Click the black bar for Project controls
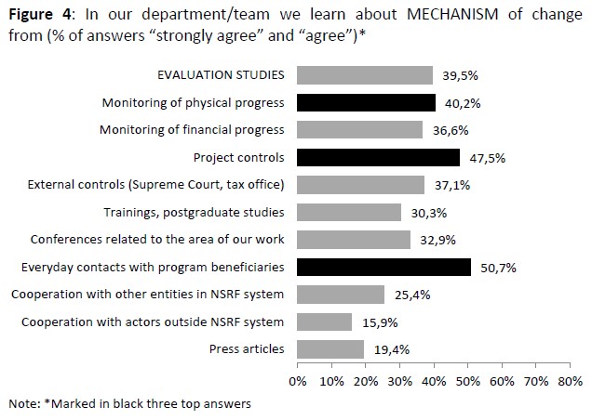pyautogui.click(x=378, y=157)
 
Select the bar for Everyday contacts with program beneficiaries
pyautogui.click(x=383, y=268)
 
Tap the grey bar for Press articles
pyautogui.click(x=330, y=349)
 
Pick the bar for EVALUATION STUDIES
pyautogui.click(x=365, y=75)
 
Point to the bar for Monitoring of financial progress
pyautogui.click(x=359, y=130)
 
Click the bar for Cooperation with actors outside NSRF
pyautogui.click(x=324, y=322)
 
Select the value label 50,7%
pyautogui.click(x=498, y=268)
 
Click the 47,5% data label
pyautogui.click(x=487, y=158)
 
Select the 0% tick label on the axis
pyautogui.click(x=298, y=381)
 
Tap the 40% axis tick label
pyautogui.click(x=434, y=381)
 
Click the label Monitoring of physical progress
pyautogui.click(x=192, y=102)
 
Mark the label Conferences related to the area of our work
pyautogui.click(x=157, y=240)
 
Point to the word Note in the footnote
pyautogui.click(x=20, y=404)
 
